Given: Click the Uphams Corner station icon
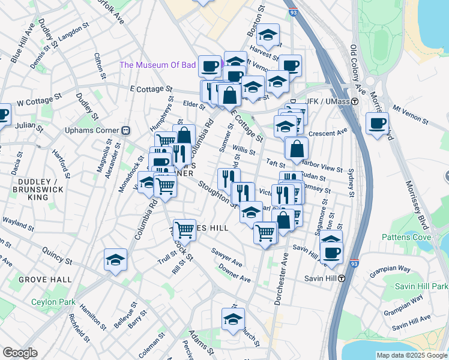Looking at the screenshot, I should (126, 130).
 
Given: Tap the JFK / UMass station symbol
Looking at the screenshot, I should (355, 102).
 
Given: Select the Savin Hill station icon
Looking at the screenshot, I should (342, 278).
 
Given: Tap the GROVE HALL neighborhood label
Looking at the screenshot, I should (45, 280).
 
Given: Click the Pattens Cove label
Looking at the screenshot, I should (406, 237).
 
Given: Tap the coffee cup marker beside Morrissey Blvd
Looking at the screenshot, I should (377, 124).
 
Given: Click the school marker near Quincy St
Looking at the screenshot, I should (115, 259).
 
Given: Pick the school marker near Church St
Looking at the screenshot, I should (233, 319).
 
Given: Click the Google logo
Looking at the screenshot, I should (20, 353).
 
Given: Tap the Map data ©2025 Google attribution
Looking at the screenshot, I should (411, 355).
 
